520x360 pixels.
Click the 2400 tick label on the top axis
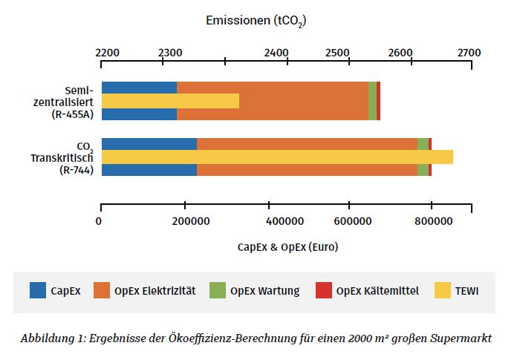(277, 53)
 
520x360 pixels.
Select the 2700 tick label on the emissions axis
(469, 53)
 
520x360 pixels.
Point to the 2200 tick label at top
(108, 53)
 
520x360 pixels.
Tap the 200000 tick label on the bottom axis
(169, 221)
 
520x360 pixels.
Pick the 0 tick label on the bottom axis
(100, 221)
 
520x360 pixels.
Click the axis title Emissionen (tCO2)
(256, 21)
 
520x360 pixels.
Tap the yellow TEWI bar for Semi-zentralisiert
(170, 101)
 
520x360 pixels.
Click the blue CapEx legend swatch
(38, 291)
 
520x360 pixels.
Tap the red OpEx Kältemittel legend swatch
(324, 291)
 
